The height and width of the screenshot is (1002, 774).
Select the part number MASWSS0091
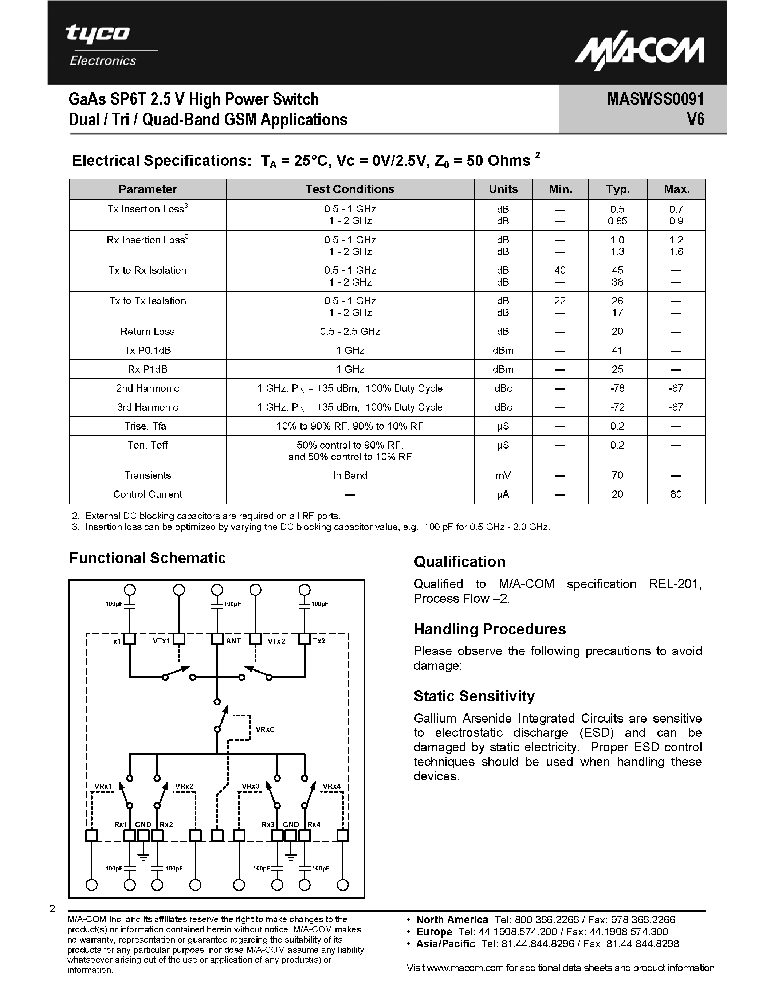655,99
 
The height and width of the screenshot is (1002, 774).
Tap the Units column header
503,189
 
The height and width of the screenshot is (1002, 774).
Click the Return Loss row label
148,331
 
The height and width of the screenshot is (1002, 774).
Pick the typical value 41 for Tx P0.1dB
617,351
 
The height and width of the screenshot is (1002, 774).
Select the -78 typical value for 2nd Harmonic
617,388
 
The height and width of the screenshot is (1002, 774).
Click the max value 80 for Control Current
676,494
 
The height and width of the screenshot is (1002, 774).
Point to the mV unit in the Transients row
503,475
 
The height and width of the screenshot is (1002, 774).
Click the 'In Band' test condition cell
350,475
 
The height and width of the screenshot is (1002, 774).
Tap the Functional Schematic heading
147,558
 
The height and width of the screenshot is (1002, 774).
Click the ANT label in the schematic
233,641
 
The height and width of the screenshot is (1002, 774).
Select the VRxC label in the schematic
265,729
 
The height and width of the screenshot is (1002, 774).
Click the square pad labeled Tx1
130,639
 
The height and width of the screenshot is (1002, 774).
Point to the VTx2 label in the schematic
276,641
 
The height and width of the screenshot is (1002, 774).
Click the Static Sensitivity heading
474,696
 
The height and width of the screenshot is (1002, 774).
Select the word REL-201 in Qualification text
675,584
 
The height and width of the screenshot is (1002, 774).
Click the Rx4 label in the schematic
314,825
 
